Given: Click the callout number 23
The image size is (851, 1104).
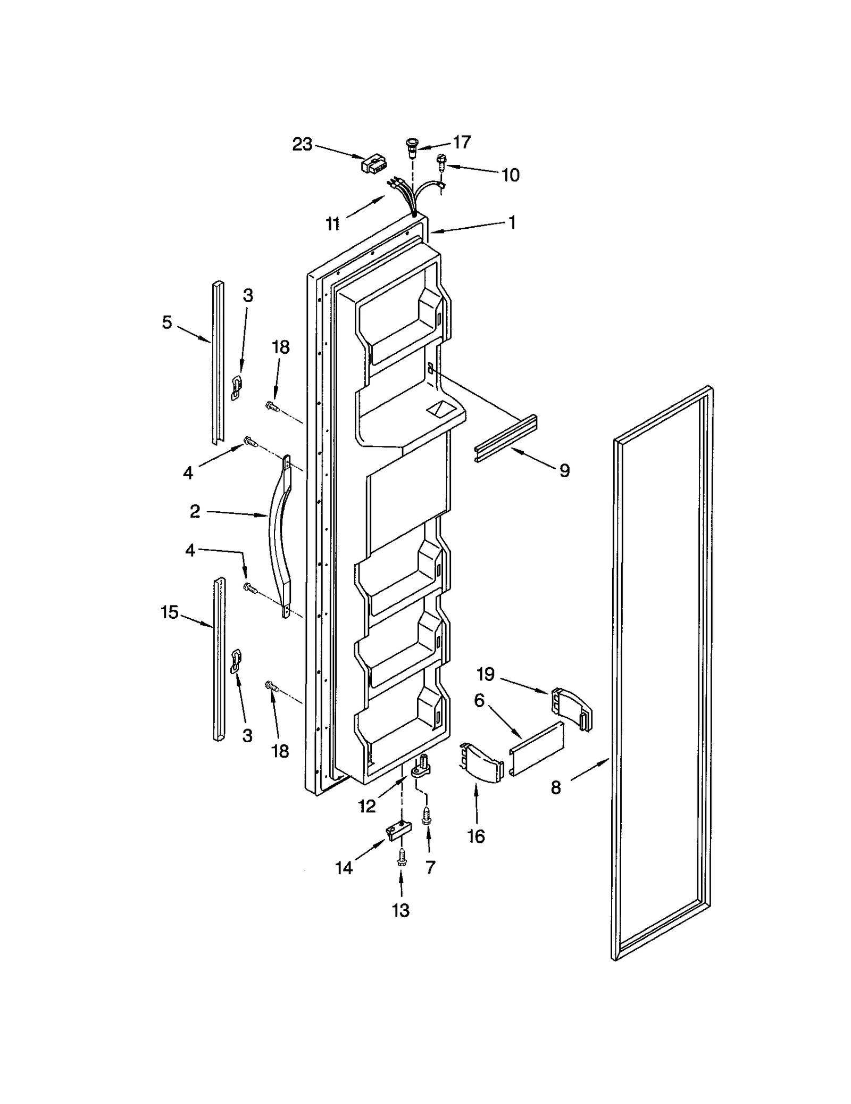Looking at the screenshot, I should click(x=302, y=144).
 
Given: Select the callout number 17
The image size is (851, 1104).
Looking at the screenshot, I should click(x=462, y=142).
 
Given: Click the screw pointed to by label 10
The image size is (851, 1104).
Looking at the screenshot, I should click(x=441, y=161).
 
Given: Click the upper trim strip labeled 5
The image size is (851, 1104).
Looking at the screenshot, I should click(x=218, y=362).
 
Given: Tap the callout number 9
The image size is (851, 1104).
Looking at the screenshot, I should click(x=564, y=470).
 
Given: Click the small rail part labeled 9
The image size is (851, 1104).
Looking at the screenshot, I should click(x=505, y=438).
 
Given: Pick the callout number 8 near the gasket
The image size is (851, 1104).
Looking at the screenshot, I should click(x=556, y=787).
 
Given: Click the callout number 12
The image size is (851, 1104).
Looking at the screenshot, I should click(x=367, y=807).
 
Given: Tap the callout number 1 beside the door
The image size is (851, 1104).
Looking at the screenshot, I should click(x=512, y=222).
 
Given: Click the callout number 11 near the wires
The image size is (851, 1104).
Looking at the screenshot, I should click(x=333, y=224).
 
